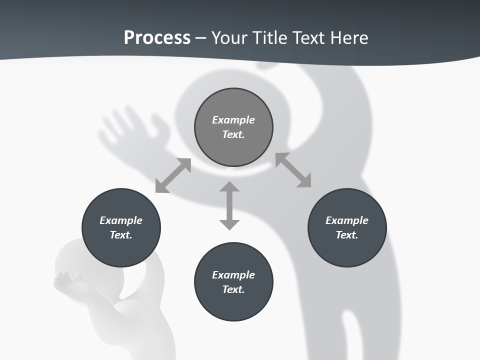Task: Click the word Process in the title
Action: pyautogui.click(x=157, y=38)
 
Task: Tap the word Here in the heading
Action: pyautogui.click(x=349, y=38)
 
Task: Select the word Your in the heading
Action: pyautogui.click(x=229, y=38)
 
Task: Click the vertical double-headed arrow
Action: pyautogui.click(x=229, y=205)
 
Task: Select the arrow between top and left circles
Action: pyautogui.click(x=173, y=175)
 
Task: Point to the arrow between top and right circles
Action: pyautogui.click(x=293, y=170)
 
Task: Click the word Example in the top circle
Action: pyautogui.click(x=233, y=120)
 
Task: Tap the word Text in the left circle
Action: pyautogui.click(x=121, y=235)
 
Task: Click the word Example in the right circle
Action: pyautogui.click(x=347, y=220)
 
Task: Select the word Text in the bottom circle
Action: pyautogui.click(x=233, y=289)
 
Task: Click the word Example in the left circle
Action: pyautogui.click(x=121, y=220)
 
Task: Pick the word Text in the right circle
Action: pyautogui.click(x=347, y=235)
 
